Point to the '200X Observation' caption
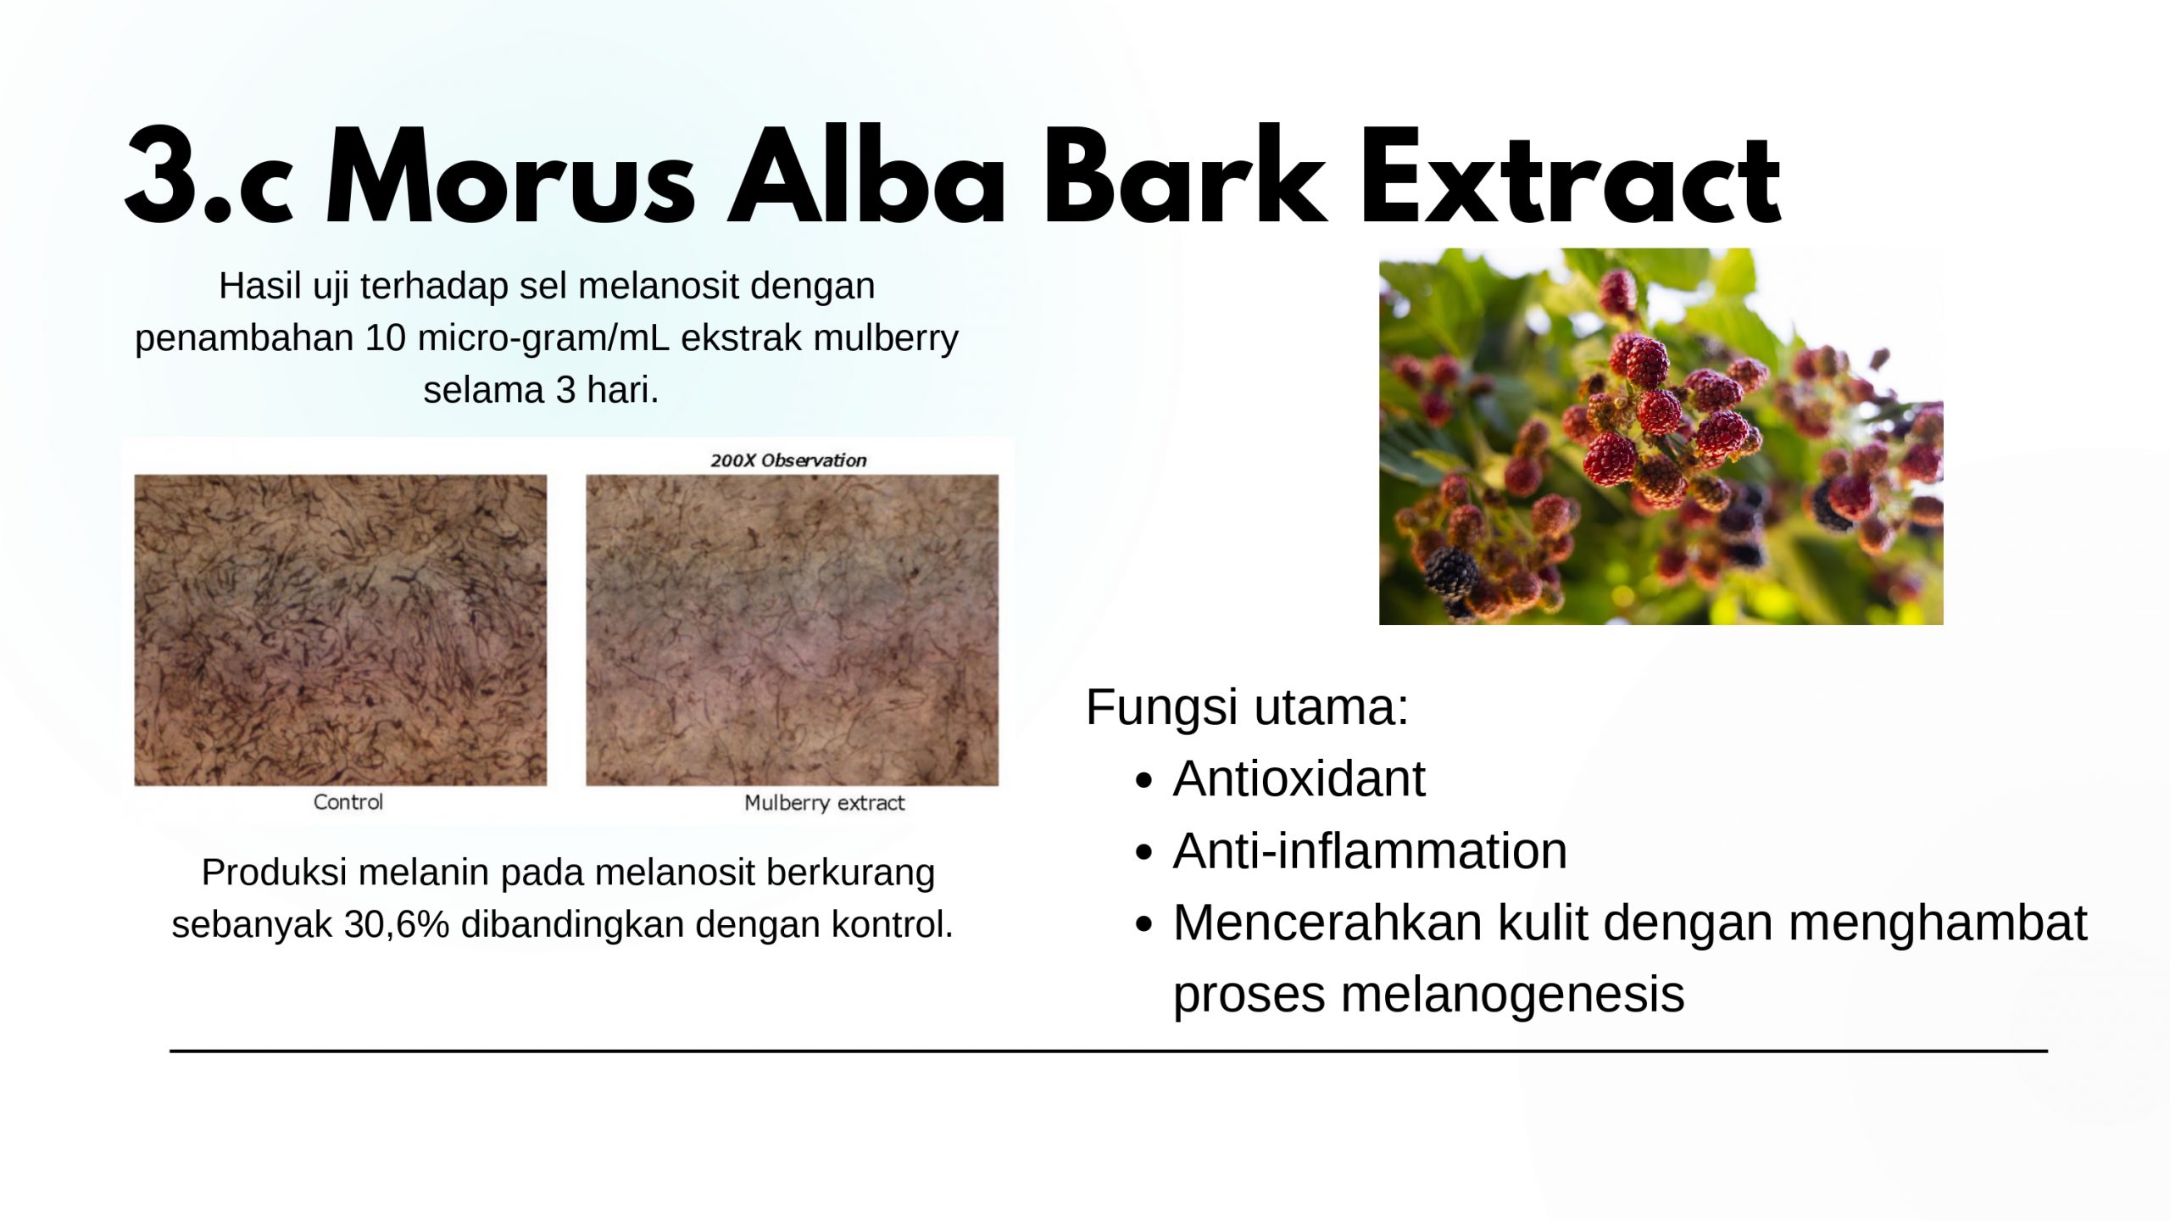(788, 460)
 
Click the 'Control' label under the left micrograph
(348, 802)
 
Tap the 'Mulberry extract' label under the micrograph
(825, 803)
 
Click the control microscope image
(341, 630)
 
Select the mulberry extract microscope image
(793, 630)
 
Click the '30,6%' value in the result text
(398, 924)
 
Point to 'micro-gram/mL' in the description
(543, 337)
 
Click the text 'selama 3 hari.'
(542, 390)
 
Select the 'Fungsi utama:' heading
(1247, 706)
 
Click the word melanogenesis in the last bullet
(1512, 994)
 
